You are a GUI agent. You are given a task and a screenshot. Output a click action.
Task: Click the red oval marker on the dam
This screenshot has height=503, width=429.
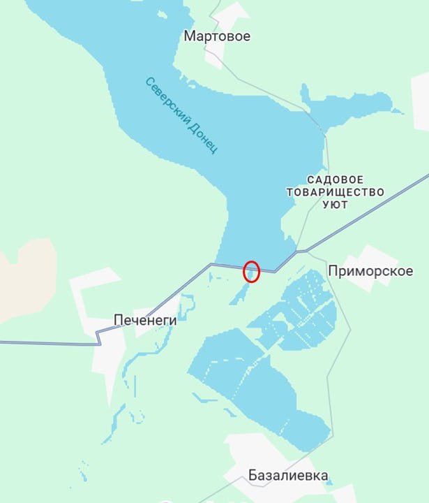[251, 271]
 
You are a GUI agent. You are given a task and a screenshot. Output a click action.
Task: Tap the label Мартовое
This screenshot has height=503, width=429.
[217, 36]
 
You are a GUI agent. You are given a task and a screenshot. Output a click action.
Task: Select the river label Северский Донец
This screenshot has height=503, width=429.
[182, 115]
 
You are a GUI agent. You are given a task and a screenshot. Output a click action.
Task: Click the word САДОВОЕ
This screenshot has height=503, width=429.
[336, 180]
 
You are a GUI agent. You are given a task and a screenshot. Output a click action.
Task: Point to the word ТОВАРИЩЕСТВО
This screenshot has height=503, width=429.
[336, 192]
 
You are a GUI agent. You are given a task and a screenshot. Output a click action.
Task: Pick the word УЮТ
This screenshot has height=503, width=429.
[336, 205]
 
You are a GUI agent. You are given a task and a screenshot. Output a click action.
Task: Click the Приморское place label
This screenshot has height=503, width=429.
[370, 271]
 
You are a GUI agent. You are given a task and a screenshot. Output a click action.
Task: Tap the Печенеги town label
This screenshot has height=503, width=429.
[145, 321]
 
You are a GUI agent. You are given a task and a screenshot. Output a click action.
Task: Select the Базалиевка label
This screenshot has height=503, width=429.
[288, 476]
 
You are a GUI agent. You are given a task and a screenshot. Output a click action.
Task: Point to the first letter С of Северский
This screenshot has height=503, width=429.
[149, 82]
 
